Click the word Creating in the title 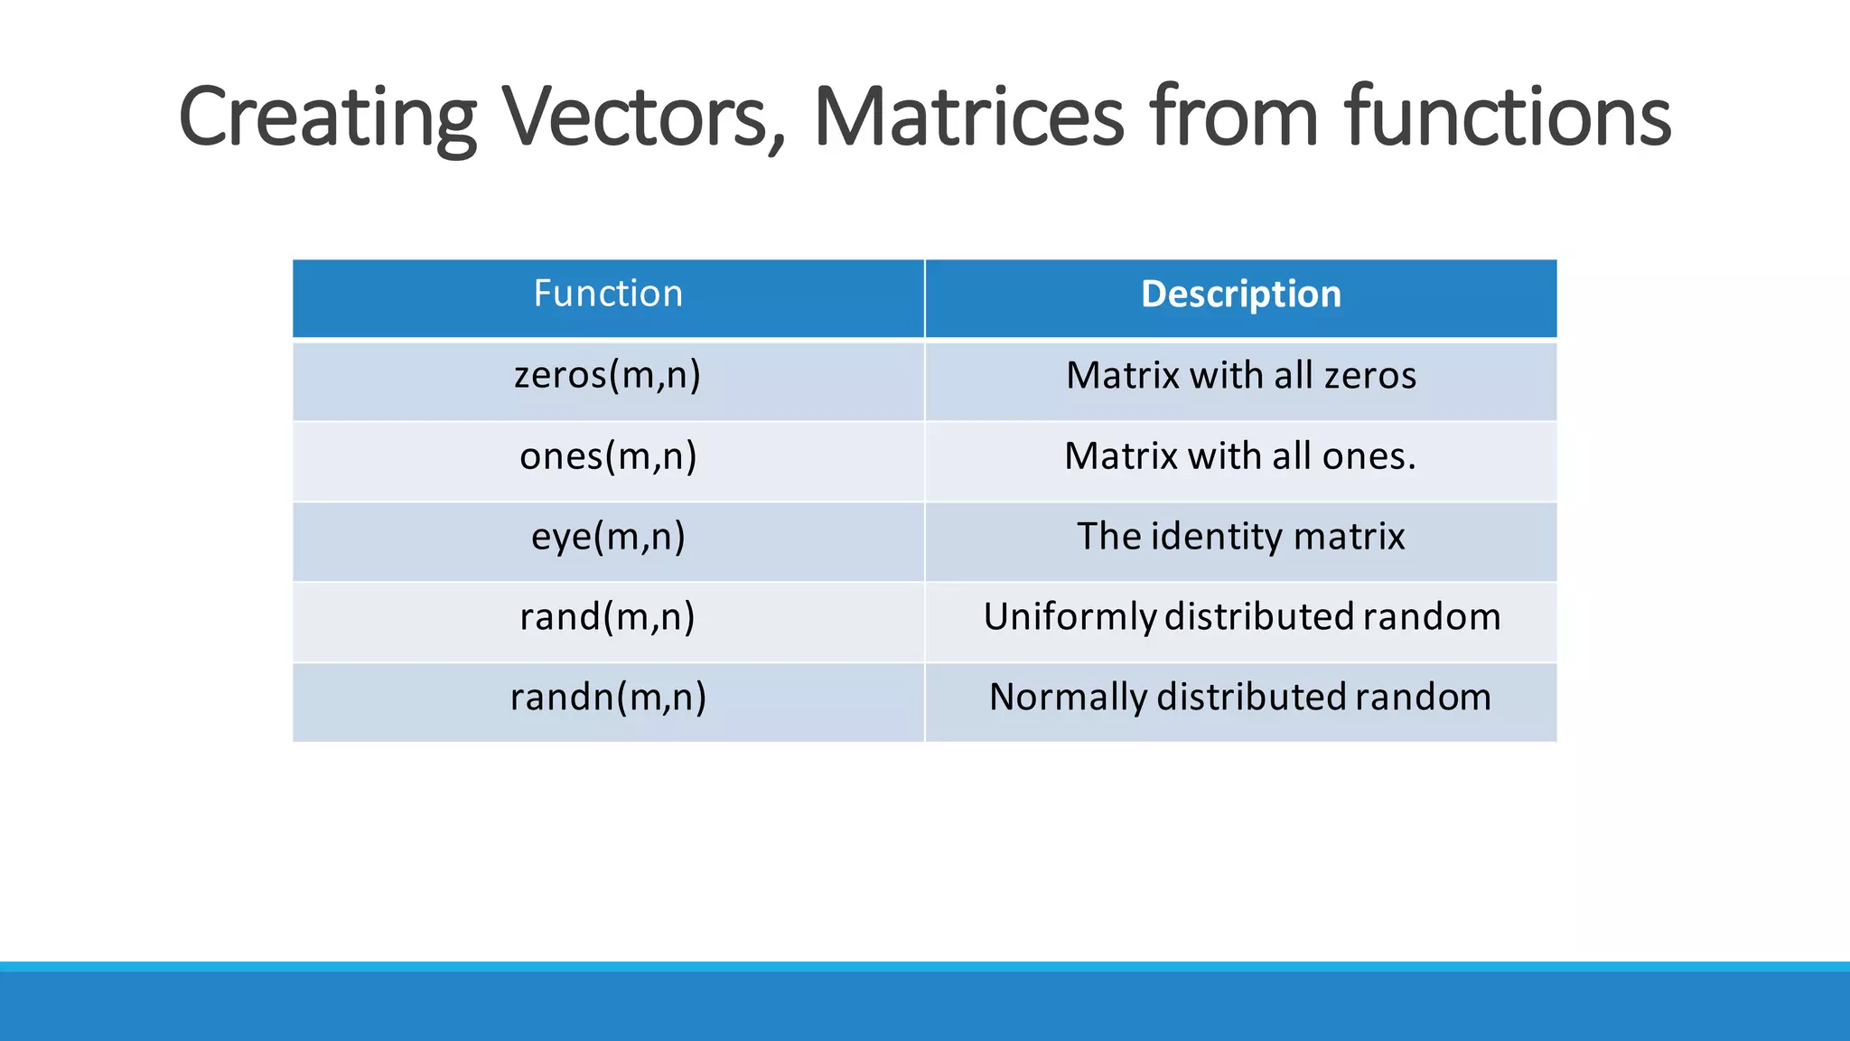pyautogui.click(x=327, y=117)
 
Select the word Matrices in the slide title pyautogui.click(x=968, y=117)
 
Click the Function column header pyautogui.click(x=608, y=295)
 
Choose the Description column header pyautogui.click(x=1240, y=295)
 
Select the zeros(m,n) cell pyautogui.click(x=608, y=376)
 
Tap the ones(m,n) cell pyautogui.click(x=608, y=456)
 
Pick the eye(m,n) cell pyautogui.click(x=608, y=537)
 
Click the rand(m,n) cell pyautogui.click(x=608, y=617)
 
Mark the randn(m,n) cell pyautogui.click(x=608, y=698)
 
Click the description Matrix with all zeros pyautogui.click(x=1240, y=376)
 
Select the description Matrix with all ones pyautogui.click(x=1240, y=456)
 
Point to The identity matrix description pyautogui.click(x=1240, y=537)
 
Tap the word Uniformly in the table pyautogui.click(x=1069, y=618)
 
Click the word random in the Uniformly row pyautogui.click(x=1431, y=617)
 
